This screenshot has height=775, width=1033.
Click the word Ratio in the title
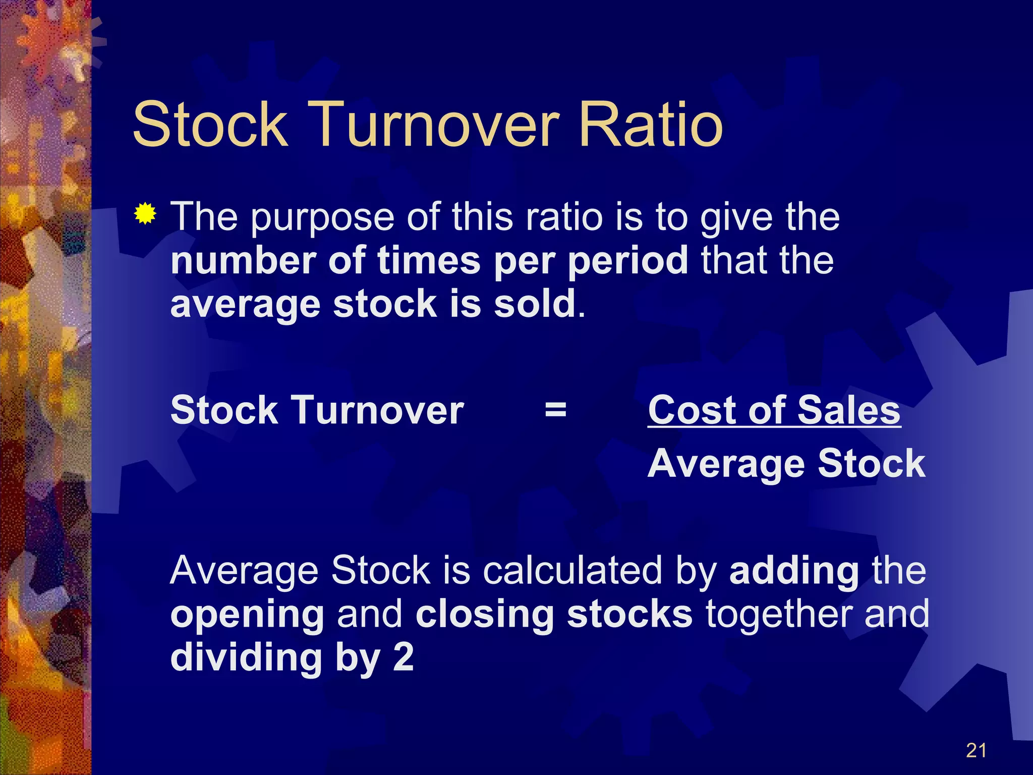pos(651,125)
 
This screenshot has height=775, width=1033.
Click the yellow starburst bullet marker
pos(145,214)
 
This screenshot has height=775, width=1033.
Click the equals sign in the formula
pos(555,410)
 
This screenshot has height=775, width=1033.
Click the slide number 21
pos(976,750)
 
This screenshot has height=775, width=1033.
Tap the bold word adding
pos(794,572)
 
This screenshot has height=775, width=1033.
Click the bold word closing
pos(484,614)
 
